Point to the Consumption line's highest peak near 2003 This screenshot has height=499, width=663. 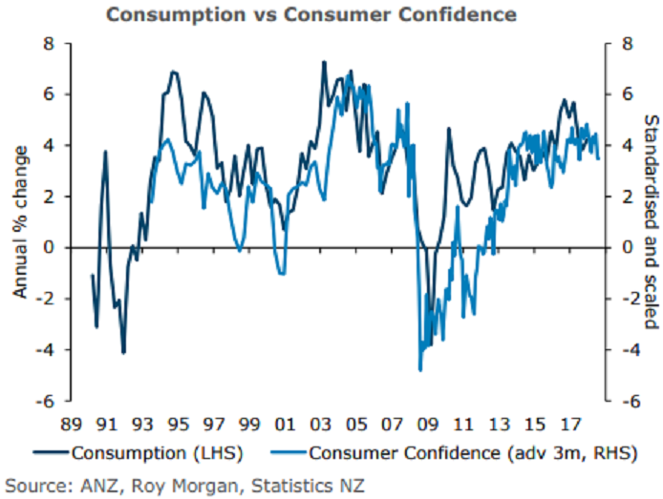323,62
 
